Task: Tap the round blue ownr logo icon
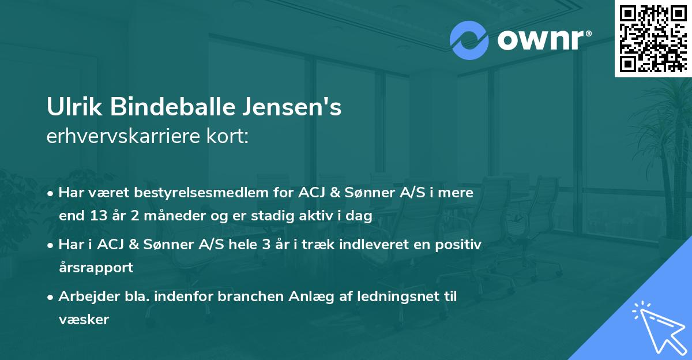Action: pos(469,40)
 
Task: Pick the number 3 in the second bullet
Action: pos(266,245)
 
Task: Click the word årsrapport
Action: pos(96,268)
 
